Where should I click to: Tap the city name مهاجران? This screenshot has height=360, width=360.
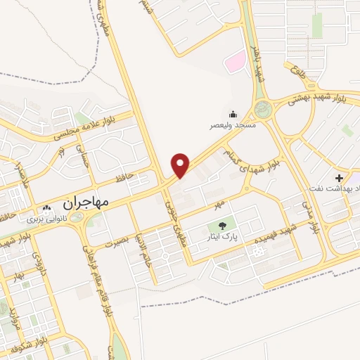(86, 202)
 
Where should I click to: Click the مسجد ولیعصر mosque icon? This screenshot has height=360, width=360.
(233, 114)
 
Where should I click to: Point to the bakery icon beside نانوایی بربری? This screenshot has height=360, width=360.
(46, 209)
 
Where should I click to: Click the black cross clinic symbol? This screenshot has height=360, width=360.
(340, 179)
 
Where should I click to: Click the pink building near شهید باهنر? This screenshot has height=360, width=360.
(233, 63)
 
